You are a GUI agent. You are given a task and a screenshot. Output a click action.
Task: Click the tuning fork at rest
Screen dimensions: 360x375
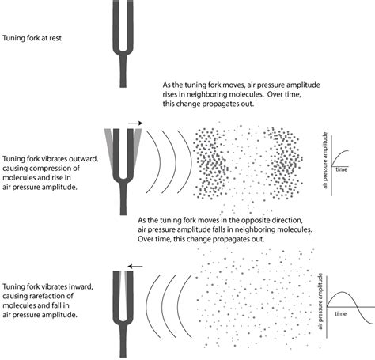[x=122, y=40]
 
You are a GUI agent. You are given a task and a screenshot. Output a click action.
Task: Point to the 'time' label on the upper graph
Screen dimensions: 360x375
[x=342, y=169]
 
